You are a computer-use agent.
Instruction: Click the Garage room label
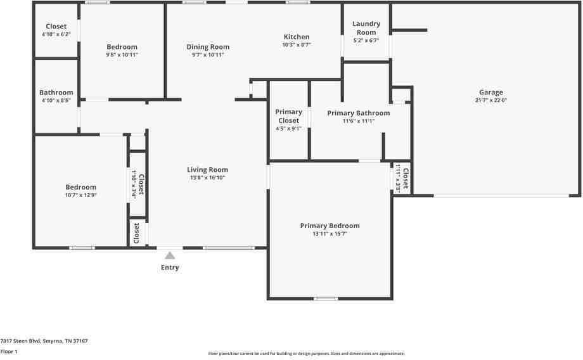click(x=491, y=93)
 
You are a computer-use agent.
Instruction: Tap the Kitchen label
click(x=296, y=37)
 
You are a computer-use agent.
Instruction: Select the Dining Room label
click(x=208, y=47)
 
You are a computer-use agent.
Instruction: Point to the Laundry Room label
click(x=366, y=28)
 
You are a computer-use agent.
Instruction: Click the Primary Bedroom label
click(x=330, y=226)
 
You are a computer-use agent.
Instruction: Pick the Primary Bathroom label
click(x=358, y=113)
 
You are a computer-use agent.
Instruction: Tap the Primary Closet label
click(x=288, y=116)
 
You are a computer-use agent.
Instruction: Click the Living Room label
click(x=207, y=169)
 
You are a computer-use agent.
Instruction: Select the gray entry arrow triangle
click(x=170, y=255)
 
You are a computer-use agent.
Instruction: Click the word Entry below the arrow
click(x=170, y=267)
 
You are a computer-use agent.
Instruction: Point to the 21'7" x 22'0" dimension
click(x=491, y=100)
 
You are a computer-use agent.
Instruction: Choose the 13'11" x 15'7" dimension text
click(x=330, y=234)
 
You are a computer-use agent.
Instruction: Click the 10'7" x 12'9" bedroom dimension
click(x=81, y=195)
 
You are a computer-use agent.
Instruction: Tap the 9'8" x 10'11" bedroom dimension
click(x=122, y=55)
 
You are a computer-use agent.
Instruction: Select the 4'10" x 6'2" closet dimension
click(x=56, y=34)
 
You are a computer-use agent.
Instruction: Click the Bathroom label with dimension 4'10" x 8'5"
click(x=56, y=93)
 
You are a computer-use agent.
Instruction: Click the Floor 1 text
click(x=9, y=351)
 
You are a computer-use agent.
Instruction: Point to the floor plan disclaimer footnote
click(x=306, y=354)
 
